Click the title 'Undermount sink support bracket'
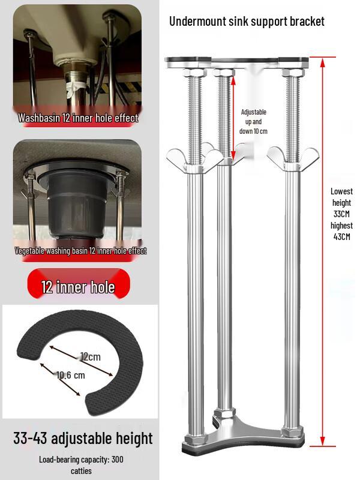(247, 22)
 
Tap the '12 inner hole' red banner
(79, 283)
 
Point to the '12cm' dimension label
(91, 356)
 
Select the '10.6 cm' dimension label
(71, 375)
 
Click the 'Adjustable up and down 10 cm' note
(253, 122)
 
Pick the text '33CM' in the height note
(341, 214)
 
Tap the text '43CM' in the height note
(341, 236)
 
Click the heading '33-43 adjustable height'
(83, 439)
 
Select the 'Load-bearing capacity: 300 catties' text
(81, 465)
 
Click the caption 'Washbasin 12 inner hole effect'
(78, 118)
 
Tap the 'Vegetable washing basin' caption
(80, 251)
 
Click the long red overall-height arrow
(322, 252)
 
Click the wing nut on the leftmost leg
(195, 158)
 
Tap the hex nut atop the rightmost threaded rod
(293, 73)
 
